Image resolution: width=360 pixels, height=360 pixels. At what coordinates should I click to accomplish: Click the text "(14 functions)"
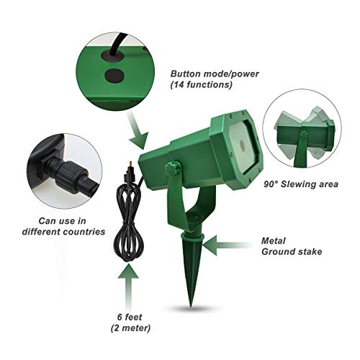pyautogui.click(x=201, y=85)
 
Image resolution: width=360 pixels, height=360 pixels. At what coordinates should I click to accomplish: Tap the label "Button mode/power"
pyautogui.click(x=215, y=73)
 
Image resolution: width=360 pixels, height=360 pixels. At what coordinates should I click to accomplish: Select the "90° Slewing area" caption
pyautogui.click(x=301, y=184)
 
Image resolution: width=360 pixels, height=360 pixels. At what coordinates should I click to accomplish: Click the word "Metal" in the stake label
pyautogui.click(x=274, y=240)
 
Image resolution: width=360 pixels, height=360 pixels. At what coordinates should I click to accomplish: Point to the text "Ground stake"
pyautogui.click(x=292, y=251)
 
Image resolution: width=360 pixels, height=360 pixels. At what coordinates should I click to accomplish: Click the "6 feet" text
pyautogui.click(x=130, y=317)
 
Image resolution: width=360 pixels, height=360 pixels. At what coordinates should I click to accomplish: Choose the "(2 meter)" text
pyautogui.click(x=130, y=328)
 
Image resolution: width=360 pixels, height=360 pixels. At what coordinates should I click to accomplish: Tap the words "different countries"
pyautogui.click(x=63, y=232)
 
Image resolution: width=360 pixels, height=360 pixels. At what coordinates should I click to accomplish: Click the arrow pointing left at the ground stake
pyautogui.click(x=226, y=246)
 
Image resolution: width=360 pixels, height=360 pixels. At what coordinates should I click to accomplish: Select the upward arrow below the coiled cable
pyautogui.click(x=128, y=287)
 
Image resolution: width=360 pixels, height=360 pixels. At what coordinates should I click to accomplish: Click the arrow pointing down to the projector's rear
pyautogui.click(x=138, y=131)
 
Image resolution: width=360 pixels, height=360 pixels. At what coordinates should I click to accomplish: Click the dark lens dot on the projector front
pyautogui.click(x=242, y=145)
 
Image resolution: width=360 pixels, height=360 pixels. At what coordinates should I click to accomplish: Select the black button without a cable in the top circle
pyautogui.click(x=114, y=76)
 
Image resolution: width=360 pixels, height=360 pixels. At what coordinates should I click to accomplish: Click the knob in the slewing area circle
pyautogui.click(x=303, y=134)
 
